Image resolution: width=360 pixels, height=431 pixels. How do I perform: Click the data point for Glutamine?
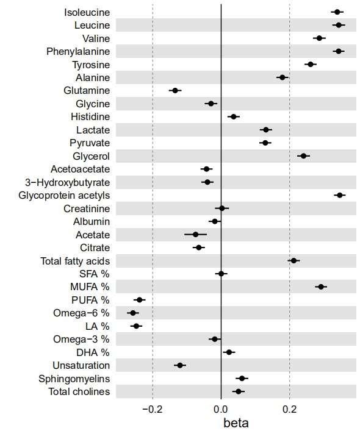175,90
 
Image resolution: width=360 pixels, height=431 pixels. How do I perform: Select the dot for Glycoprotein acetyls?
340,195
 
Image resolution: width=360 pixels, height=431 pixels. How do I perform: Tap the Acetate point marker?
195,235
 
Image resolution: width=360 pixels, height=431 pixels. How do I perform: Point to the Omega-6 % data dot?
133,313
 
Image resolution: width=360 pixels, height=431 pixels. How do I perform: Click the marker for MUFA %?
321,287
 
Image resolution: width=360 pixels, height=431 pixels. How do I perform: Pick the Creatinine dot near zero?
222,208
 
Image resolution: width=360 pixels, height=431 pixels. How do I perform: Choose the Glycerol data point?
303,156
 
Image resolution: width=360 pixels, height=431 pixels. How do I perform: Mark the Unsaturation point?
180,365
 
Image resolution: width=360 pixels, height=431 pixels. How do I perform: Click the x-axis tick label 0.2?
289,409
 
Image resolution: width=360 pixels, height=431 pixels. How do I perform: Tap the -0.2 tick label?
153,409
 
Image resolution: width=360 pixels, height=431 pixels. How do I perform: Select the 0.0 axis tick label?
221,409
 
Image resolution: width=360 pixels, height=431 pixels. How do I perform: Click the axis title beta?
236,423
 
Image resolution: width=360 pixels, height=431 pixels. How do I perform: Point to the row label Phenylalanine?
78,51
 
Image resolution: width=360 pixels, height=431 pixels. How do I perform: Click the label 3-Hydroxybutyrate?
67,182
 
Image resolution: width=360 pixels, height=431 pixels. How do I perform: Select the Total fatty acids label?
75,261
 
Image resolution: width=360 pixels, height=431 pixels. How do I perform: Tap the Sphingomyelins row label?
74,379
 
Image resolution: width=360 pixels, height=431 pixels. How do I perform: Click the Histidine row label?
90,116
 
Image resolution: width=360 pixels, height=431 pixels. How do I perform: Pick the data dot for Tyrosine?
311,65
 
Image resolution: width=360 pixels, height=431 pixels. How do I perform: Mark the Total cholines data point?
239,391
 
